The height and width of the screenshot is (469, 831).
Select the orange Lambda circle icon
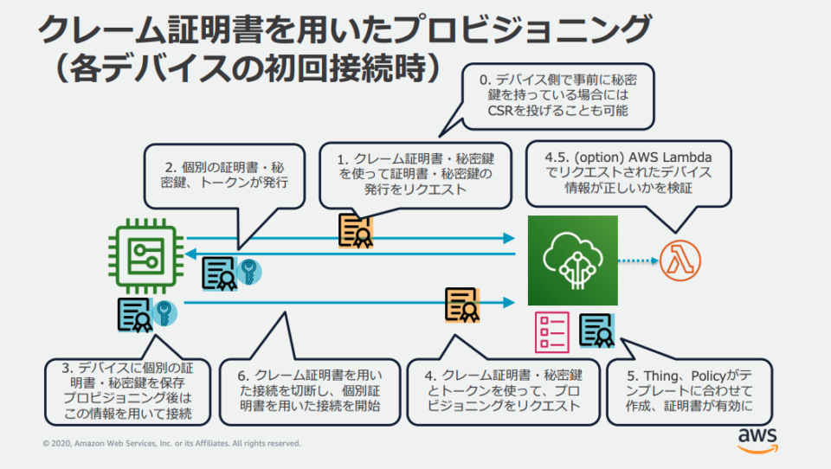[x=680, y=260]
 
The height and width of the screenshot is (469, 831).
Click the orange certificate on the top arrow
[x=356, y=230]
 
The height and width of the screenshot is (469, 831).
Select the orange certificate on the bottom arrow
[x=462, y=305]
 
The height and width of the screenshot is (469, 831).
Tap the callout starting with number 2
[x=226, y=175]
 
